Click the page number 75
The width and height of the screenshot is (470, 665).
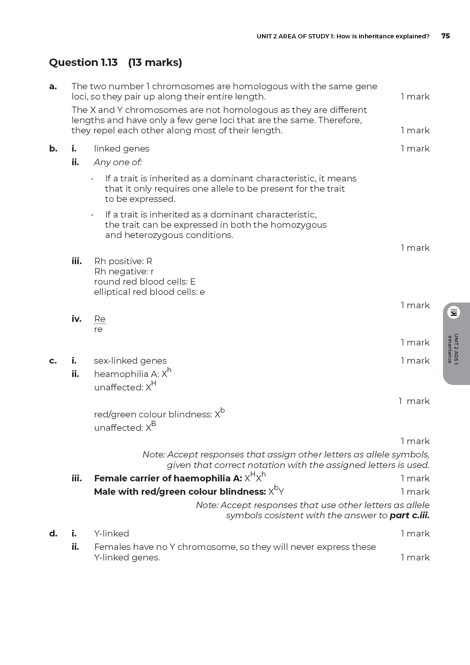coord(445,36)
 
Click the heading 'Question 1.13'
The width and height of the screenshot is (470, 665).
coord(83,62)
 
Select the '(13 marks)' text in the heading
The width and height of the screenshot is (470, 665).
coord(155,62)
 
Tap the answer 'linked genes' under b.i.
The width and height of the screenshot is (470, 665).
coord(122,149)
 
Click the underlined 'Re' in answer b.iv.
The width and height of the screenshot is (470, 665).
coord(100,319)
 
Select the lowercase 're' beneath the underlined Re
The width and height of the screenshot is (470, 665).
coord(98,329)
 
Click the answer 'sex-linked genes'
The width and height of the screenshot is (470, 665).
coord(130,361)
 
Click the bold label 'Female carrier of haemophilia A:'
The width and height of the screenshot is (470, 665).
coord(168,478)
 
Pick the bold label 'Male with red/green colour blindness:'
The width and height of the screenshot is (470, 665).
coord(180,492)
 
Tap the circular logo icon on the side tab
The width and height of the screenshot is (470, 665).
coord(454,312)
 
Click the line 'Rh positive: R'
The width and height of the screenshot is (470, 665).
coord(123,261)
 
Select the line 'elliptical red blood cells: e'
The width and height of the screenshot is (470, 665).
coord(149,292)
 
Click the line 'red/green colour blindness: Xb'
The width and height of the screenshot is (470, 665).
coord(159,414)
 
